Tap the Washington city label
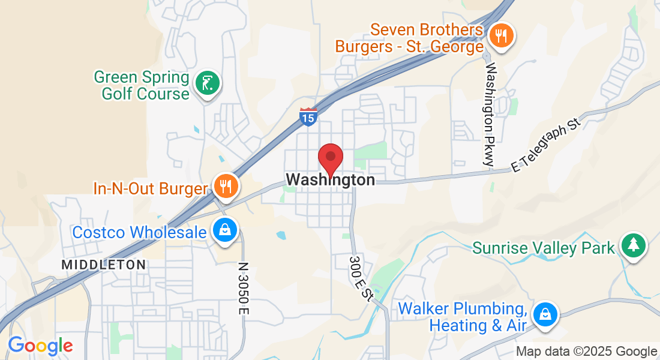tap(331, 179)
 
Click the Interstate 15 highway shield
tap(308, 117)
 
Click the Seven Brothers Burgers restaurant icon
tap(499, 35)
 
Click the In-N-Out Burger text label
tap(150, 188)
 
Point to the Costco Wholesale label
tap(139, 232)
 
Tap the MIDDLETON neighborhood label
tap(103, 265)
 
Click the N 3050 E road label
tap(242, 288)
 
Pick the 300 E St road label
tap(361, 278)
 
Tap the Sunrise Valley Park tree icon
tap(632, 245)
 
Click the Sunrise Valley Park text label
tap(544, 248)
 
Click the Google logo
tap(40, 346)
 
